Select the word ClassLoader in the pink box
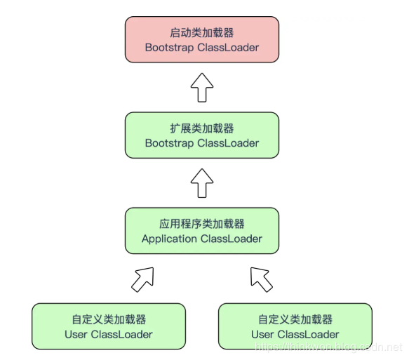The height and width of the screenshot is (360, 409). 228,48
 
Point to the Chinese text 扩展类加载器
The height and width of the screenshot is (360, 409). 202,128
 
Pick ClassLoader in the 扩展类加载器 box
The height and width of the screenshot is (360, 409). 228,143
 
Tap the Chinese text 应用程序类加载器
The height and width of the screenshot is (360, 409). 202,224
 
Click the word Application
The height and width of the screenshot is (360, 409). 169,239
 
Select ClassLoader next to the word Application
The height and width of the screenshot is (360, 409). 232,239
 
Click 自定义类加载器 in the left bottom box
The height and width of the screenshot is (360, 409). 109,319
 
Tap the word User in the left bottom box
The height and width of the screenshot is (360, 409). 76,334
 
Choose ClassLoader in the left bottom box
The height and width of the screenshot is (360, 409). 122,334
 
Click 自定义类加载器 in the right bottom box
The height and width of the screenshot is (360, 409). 295,319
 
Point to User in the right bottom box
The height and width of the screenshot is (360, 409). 262,334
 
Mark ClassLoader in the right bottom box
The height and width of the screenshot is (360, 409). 309,334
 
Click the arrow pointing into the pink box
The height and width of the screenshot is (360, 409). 202,87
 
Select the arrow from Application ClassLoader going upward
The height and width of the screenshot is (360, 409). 202,182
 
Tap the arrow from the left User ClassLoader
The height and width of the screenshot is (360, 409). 142,279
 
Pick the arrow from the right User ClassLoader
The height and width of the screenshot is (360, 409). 262,279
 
